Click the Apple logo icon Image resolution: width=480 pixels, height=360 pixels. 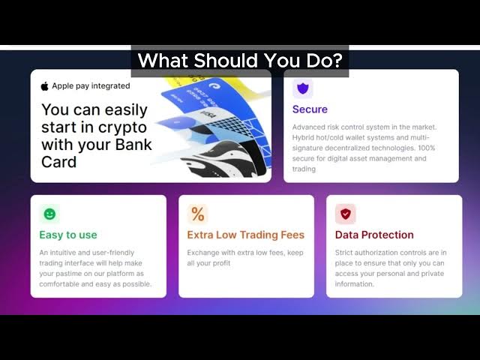(x=45, y=86)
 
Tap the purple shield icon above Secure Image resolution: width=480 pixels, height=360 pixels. (x=303, y=88)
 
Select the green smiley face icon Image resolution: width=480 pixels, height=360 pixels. (x=49, y=214)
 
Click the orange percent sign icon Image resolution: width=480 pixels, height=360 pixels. (x=198, y=214)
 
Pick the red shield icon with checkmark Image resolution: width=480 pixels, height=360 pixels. (x=346, y=214)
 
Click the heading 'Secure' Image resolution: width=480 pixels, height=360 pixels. (x=310, y=109)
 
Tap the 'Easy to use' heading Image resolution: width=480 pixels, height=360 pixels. (x=68, y=235)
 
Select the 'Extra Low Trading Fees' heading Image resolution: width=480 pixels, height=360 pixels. (x=246, y=235)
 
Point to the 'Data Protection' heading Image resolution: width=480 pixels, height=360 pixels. (x=374, y=235)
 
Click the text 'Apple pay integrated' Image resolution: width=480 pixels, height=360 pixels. (x=91, y=86)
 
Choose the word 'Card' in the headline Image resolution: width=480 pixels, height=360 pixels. (x=58, y=162)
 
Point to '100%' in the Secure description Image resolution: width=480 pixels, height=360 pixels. (x=427, y=148)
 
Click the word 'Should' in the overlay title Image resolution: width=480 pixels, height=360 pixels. (x=226, y=60)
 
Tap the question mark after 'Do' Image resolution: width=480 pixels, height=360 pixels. (x=337, y=60)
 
